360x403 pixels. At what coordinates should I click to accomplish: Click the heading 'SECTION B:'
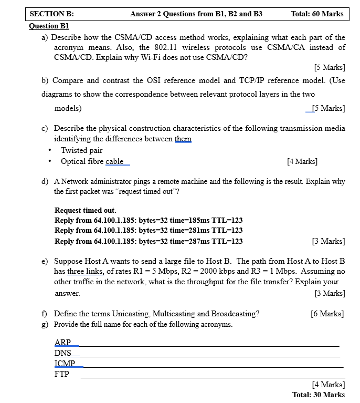(x=52, y=14)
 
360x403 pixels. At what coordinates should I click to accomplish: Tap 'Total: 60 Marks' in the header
(x=317, y=14)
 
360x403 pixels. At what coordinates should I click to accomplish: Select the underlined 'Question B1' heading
(x=49, y=26)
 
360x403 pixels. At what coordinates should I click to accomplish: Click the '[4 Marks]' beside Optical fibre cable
(x=302, y=161)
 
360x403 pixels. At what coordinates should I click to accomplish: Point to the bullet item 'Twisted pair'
(x=81, y=150)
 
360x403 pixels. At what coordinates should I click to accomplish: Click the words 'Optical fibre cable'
(x=92, y=161)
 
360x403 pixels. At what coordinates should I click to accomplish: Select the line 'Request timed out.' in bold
(x=86, y=210)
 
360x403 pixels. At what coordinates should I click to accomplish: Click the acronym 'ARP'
(x=62, y=343)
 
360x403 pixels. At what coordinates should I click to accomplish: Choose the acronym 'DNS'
(x=63, y=353)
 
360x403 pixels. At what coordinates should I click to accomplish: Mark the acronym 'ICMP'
(x=65, y=364)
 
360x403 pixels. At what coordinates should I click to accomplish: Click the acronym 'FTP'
(x=62, y=374)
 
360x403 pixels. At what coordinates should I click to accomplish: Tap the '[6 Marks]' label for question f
(x=327, y=314)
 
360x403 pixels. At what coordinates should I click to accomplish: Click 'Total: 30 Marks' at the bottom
(x=319, y=395)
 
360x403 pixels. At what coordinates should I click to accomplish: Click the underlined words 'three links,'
(x=86, y=271)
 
